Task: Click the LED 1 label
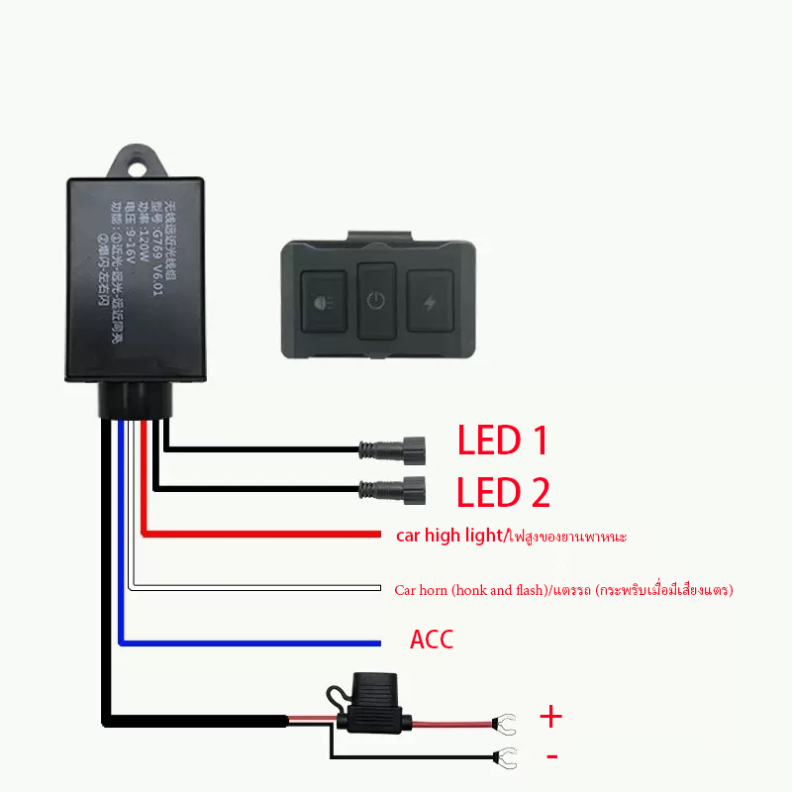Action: (502, 442)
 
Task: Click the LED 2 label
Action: (503, 492)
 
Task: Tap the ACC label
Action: (432, 640)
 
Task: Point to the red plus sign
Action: (550, 716)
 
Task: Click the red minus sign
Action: (551, 757)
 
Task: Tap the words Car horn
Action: (419, 590)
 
